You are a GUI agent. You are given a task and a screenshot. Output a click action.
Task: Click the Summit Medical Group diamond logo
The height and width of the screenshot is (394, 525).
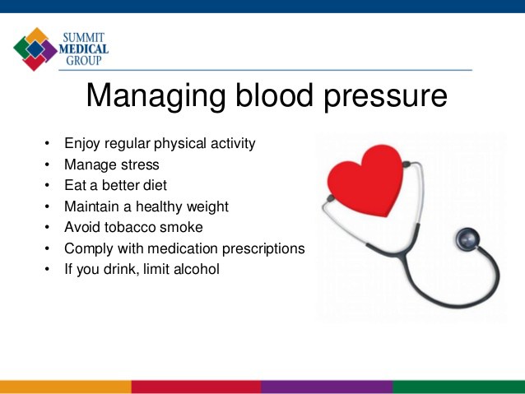tap(35, 49)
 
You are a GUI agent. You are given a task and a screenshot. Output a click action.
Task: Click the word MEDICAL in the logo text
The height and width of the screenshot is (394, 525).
tap(85, 49)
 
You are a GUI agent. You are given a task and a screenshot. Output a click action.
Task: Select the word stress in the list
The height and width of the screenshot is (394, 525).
tap(140, 165)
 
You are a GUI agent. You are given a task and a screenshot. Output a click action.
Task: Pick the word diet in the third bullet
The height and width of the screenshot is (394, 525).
tap(153, 185)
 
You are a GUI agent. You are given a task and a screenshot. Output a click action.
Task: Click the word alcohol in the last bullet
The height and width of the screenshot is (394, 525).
tap(194, 269)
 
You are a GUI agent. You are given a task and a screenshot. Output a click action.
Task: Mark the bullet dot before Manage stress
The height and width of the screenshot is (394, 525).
tap(47, 165)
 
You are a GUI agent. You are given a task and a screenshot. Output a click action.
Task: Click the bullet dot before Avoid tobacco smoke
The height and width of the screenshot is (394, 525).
tap(47, 228)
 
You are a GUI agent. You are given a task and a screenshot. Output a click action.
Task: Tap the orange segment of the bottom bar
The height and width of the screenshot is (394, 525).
tap(65, 387)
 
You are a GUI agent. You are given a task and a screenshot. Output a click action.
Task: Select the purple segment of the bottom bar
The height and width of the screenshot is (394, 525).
tap(327, 387)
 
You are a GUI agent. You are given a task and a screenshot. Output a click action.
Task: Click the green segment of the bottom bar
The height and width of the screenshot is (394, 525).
tap(458, 387)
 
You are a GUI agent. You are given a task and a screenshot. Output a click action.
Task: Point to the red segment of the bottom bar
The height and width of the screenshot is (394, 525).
tap(196, 387)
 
